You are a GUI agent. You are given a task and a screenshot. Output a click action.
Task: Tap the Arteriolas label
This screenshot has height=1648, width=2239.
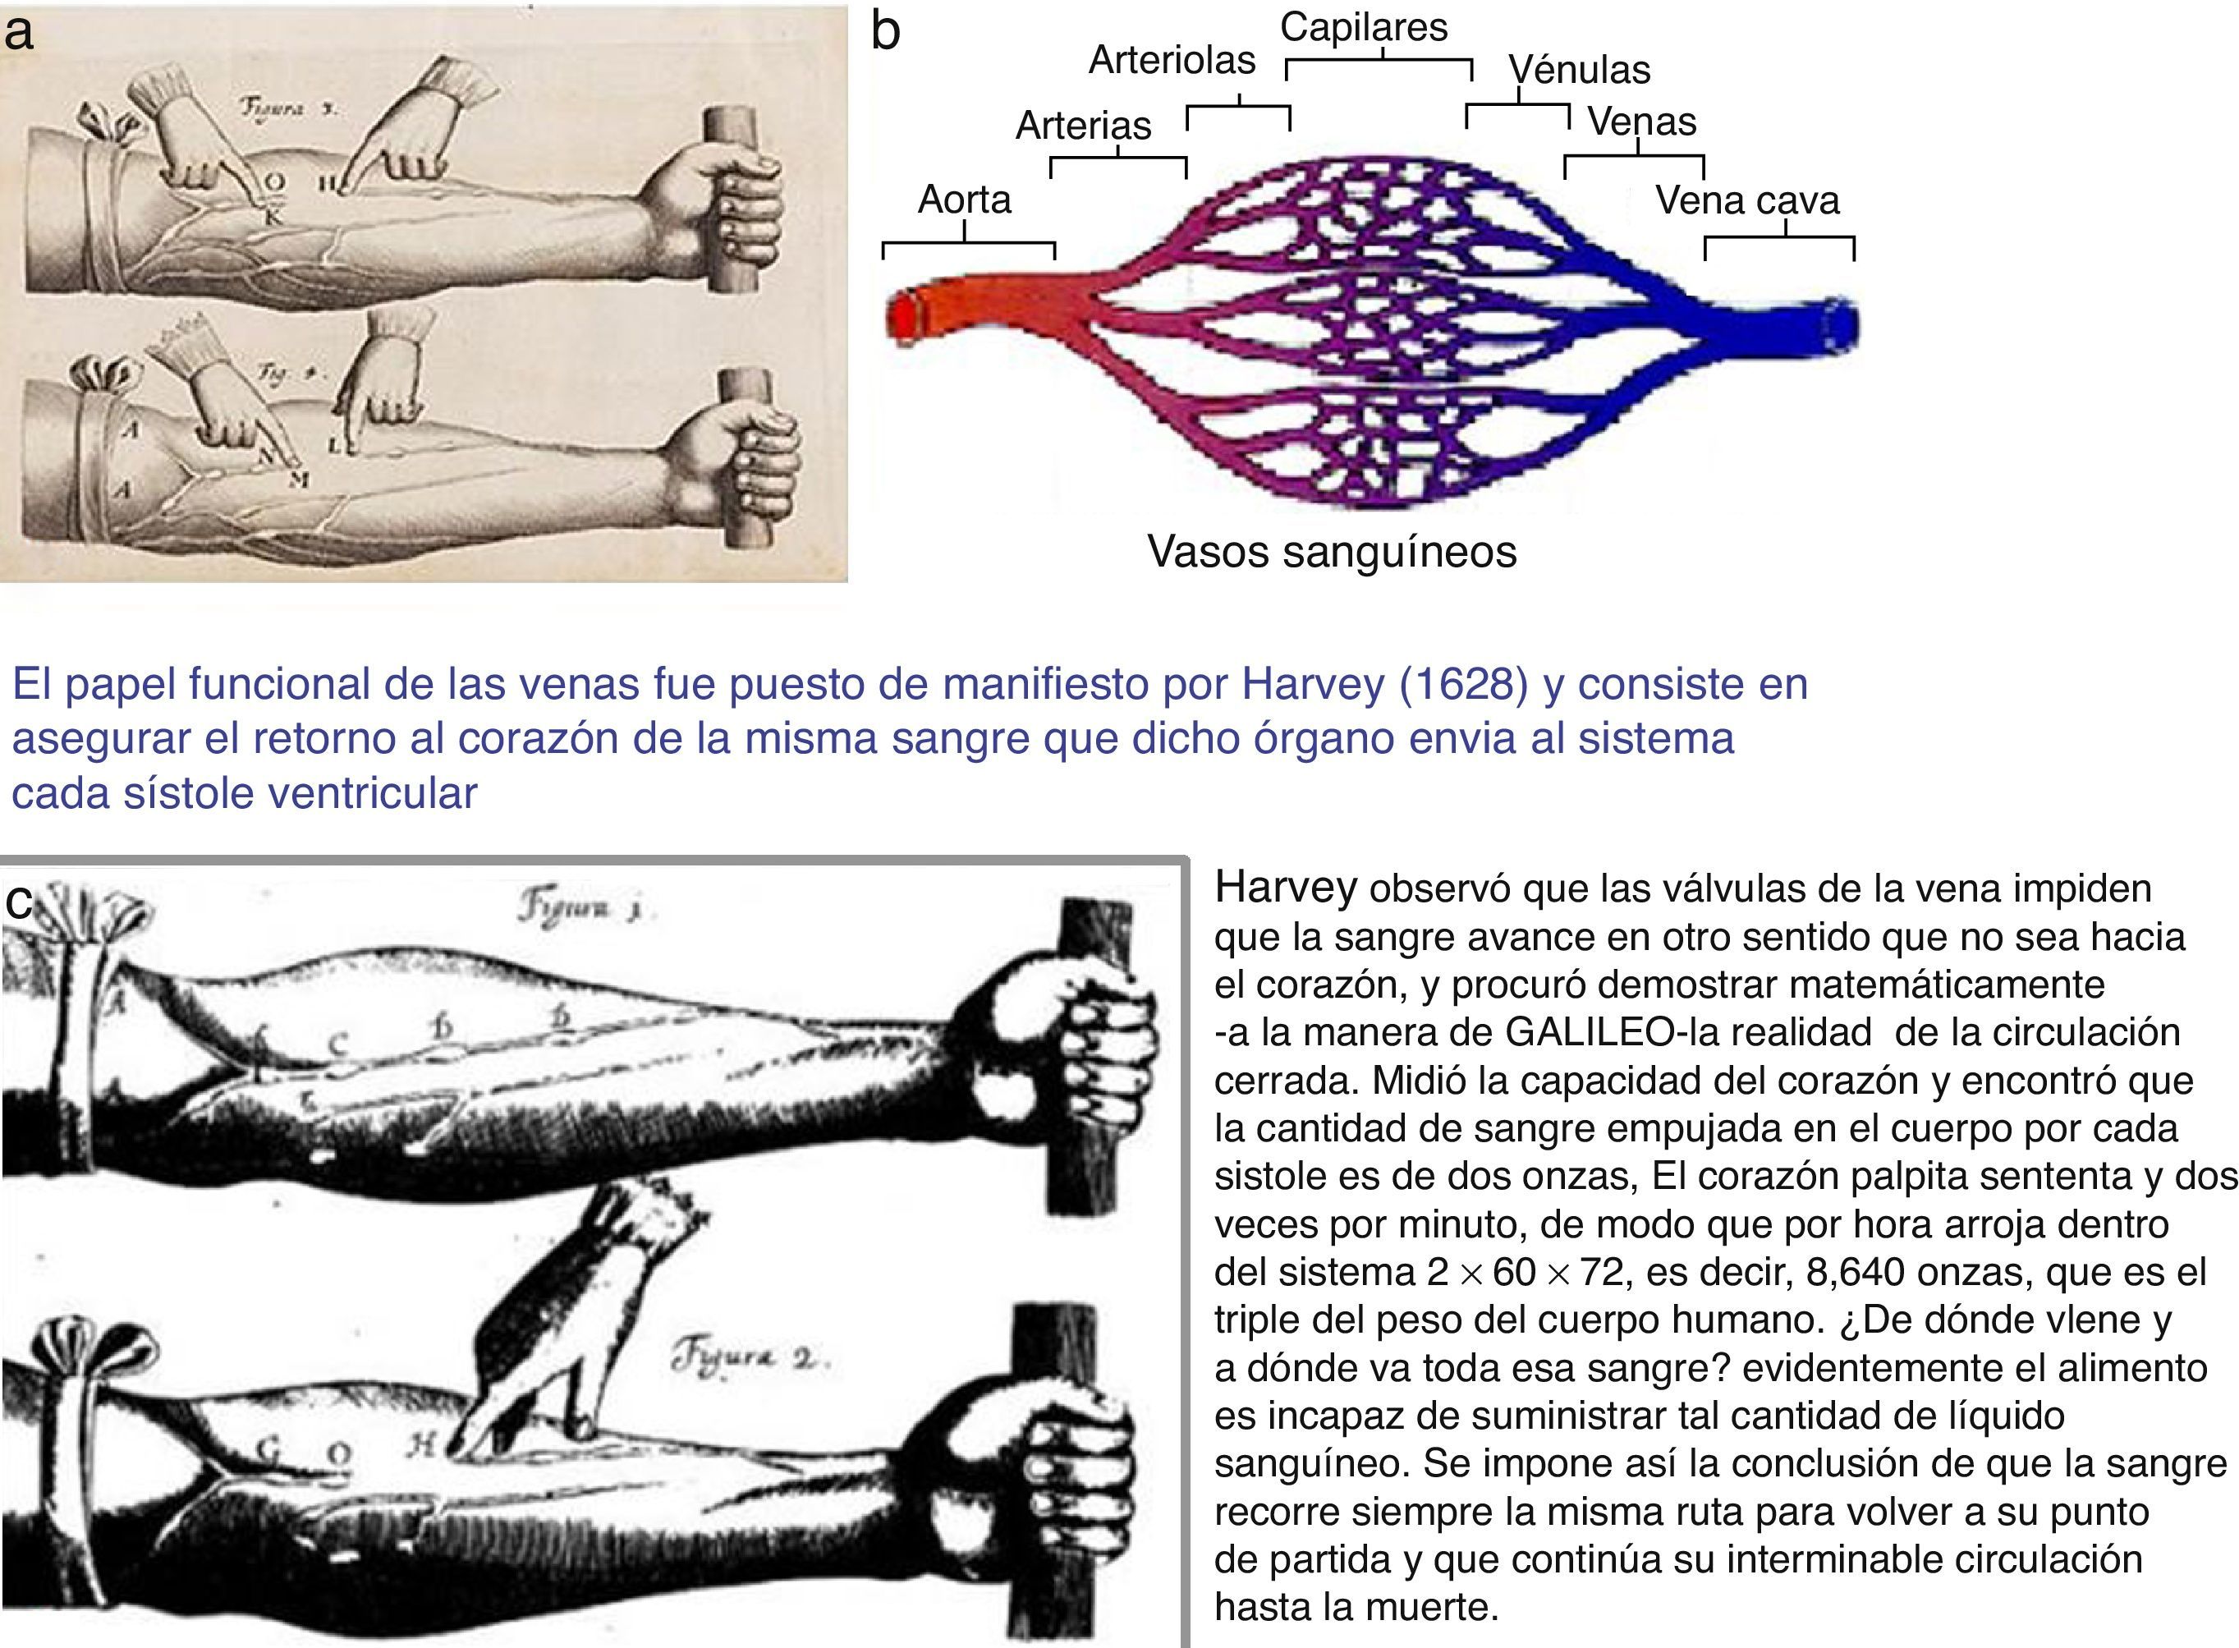click(1171, 60)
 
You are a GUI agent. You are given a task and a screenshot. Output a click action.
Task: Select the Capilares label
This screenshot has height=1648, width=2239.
click(1363, 27)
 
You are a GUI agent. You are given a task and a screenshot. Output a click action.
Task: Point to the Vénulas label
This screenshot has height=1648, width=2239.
click(1579, 70)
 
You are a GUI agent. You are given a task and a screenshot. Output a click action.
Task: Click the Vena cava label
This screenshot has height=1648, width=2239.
click(1746, 200)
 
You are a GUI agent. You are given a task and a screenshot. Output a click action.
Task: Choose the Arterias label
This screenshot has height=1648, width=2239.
click(1083, 126)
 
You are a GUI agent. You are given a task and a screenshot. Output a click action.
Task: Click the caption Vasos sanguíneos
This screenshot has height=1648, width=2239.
click(1332, 552)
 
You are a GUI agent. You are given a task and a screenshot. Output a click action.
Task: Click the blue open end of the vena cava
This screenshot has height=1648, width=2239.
click(1841, 325)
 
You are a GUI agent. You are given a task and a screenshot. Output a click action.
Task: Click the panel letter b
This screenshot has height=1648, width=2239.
click(886, 32)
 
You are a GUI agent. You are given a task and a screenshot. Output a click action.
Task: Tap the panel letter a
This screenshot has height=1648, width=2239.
click(18, 32)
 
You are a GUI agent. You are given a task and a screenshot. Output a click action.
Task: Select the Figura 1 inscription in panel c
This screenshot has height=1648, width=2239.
click(585, 908)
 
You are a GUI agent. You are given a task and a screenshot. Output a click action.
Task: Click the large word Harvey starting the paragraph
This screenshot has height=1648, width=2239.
click(1285, 887)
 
